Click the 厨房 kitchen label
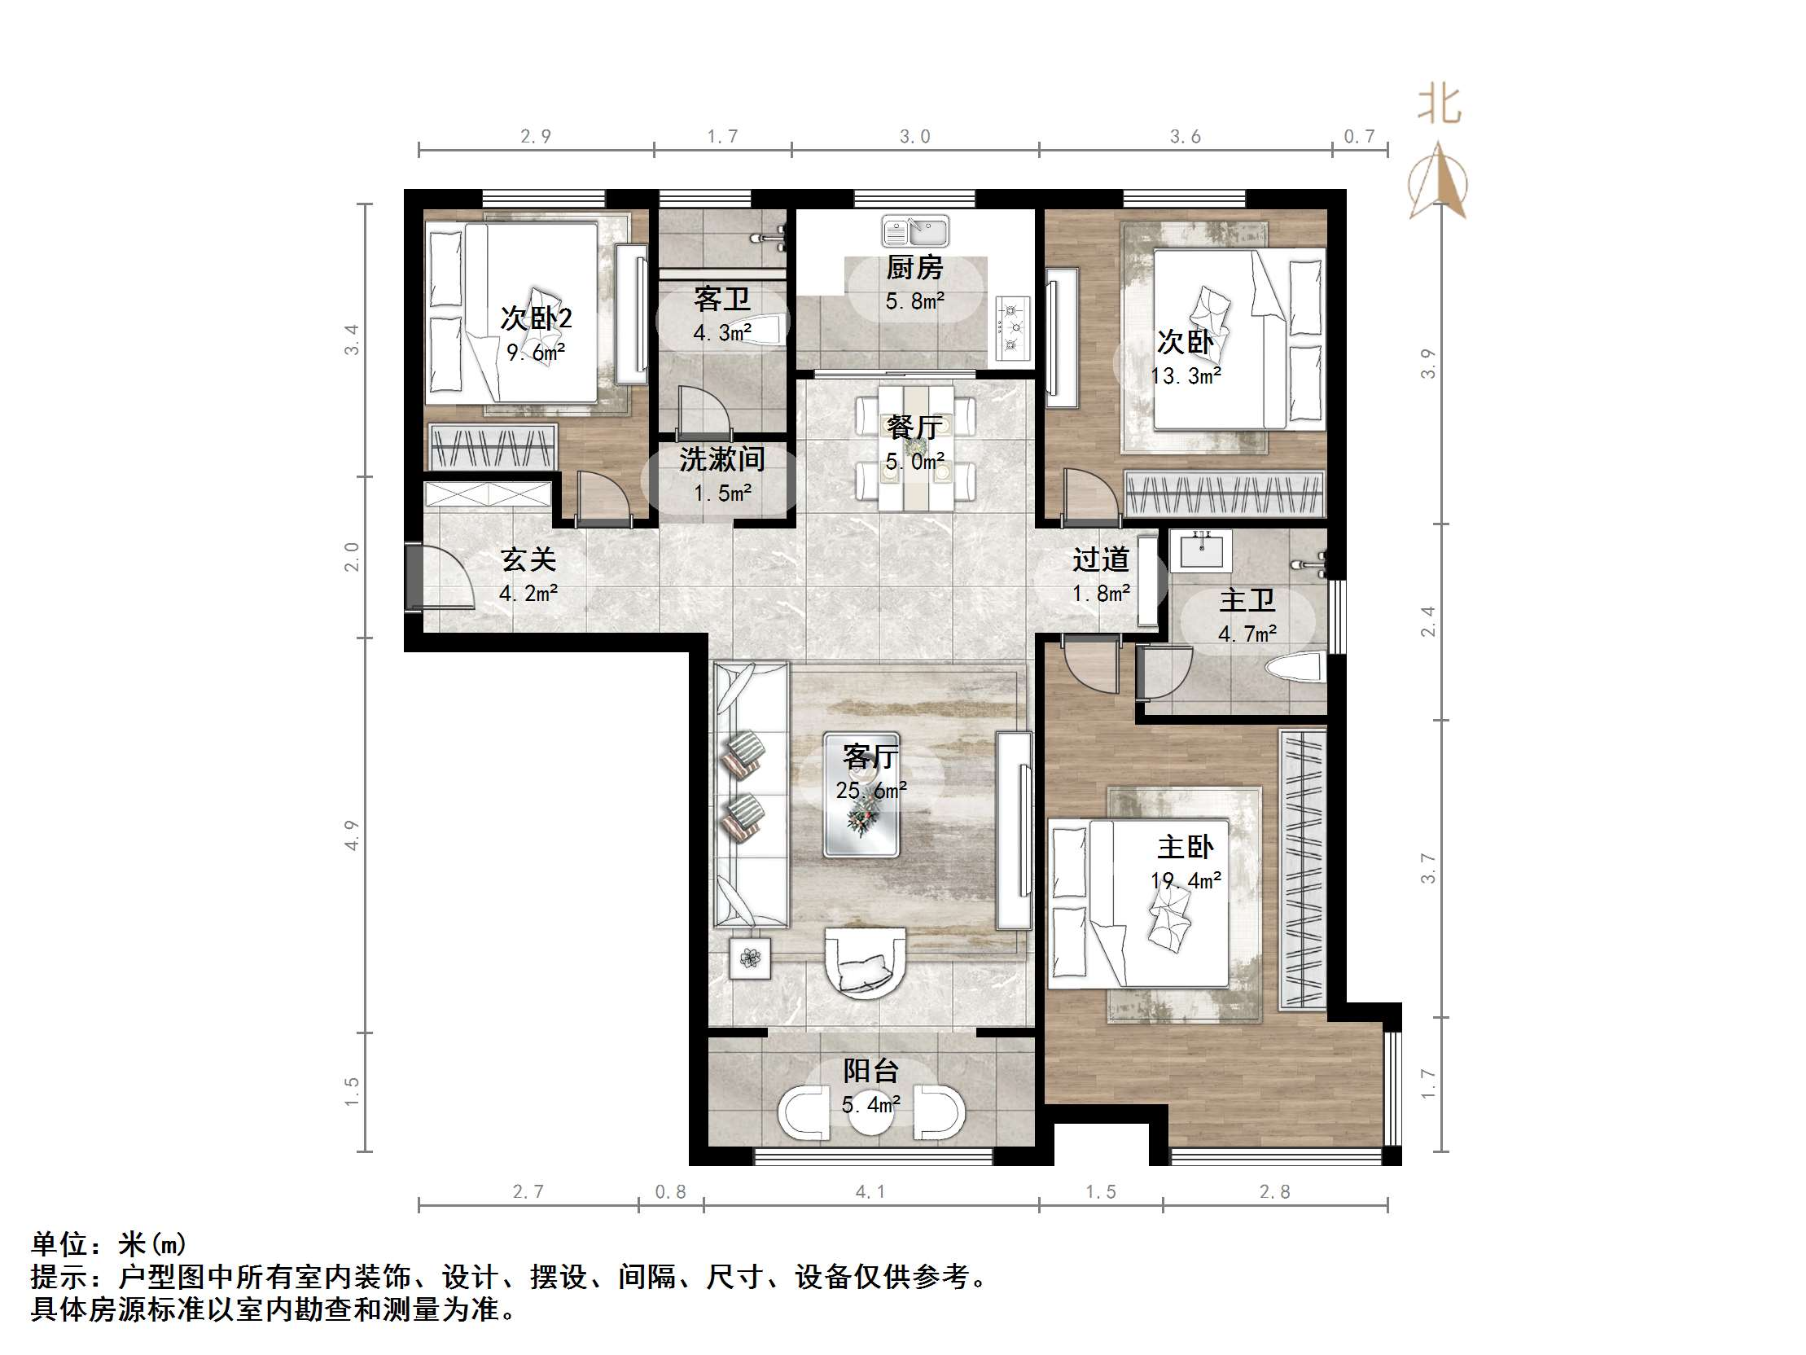914,267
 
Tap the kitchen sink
914,231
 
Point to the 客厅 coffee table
862,794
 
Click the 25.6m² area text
871,791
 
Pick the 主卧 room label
1186,847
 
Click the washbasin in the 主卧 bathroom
1200,550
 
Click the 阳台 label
871,1070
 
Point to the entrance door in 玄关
439,577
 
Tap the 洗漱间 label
721,459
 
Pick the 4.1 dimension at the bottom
870,1191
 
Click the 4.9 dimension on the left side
352,835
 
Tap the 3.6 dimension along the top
1186,137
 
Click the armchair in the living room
866,963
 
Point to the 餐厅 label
914,428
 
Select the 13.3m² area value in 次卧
1186,375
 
